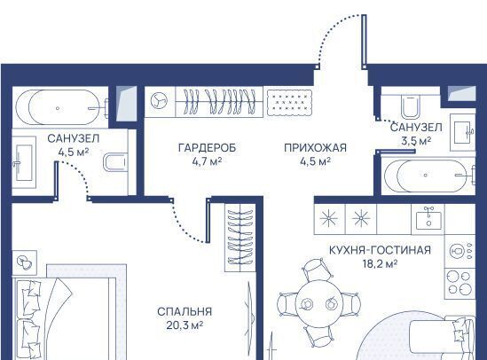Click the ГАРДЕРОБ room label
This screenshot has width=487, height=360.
point(208,148)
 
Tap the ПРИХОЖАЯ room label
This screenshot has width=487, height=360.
point(315,148)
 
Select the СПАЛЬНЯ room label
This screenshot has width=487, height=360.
point(185,311)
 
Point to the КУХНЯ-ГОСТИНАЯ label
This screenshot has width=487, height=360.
point(380,250)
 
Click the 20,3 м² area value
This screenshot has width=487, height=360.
point(185,325)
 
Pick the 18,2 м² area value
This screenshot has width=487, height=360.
point(381,264)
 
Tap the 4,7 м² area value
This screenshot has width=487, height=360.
point(207,161)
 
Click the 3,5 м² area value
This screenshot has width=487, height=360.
point(416,141)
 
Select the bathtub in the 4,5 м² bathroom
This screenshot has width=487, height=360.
point(59,107)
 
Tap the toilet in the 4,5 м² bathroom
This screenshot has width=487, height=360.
point(114,162)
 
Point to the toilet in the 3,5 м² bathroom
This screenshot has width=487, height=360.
point(411,106)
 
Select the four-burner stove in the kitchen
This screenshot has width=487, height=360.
point(460,283)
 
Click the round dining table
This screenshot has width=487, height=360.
point(318,303)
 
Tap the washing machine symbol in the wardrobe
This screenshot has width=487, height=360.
point(159,101)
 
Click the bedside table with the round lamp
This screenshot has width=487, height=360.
point(25,262)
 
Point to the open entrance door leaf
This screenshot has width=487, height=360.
point(364,42)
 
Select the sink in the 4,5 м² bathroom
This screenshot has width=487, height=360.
point(23,162)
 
